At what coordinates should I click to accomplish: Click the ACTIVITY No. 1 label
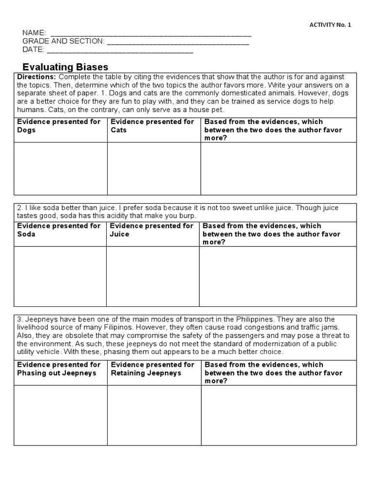[x=330, y=25]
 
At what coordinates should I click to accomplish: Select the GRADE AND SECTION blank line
[x=178, y=42]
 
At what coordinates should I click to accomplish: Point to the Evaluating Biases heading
[x=66, y=67]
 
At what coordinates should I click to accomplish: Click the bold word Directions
[x=37, y=77]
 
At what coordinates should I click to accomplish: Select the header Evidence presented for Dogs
[x=59, y=126]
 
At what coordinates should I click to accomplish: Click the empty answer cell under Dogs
[x=60, y=169]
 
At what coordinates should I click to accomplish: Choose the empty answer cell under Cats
[x=154, y=169]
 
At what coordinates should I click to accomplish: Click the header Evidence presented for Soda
[x=59, y=230]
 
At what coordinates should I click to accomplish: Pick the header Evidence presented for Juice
[x=151, y=230]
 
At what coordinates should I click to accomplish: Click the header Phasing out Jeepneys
[x=59, y=369]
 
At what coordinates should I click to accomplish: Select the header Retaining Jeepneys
[x=152, y=369]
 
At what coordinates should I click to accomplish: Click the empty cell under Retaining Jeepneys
[x=154, y=415]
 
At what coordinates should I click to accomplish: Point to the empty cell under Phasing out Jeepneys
[x=60, y=415]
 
